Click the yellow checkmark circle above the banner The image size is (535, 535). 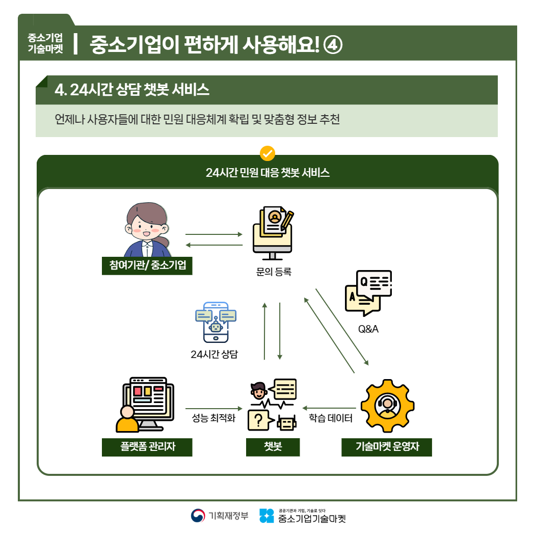click(267, 153)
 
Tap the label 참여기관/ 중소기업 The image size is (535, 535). click(147, 265)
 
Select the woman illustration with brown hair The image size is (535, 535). click(147, 229)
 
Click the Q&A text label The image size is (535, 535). click(368, 329)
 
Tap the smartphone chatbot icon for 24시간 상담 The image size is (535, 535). click(216, 322)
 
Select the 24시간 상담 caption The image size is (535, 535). click(214, 354)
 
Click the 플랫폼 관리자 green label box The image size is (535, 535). click(147, 447)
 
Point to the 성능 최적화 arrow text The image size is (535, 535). click(214, 419)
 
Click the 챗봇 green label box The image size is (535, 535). click(273, 447)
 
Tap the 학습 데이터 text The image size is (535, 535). click(331, 419)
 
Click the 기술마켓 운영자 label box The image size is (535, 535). click(387, 447)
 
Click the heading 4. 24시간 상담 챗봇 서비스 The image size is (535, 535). click(132, 90)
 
